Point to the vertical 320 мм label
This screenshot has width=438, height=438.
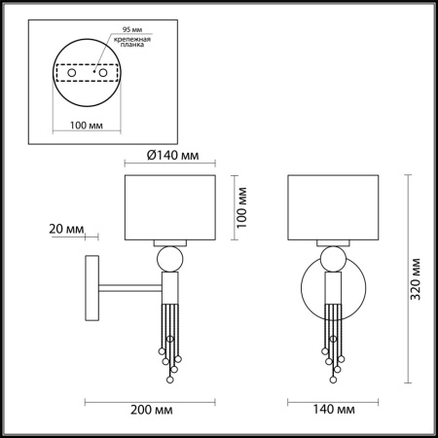tap(416, 280)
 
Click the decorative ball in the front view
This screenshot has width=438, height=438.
tap(332, 259)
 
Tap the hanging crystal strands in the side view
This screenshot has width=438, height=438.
tap(168, 336)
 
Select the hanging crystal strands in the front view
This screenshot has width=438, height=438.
tap(332, 336)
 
